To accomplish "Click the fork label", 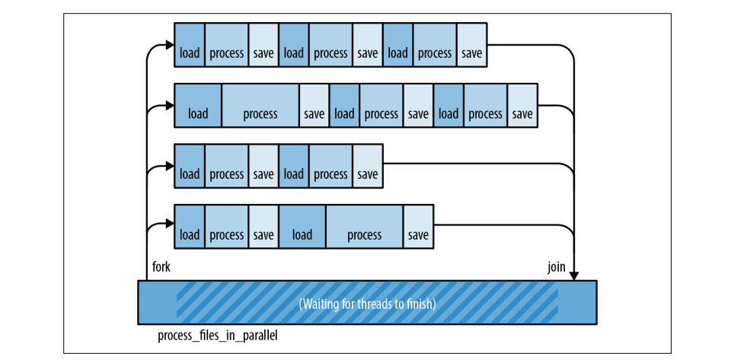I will coord(161,267).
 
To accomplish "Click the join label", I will coord(556,267).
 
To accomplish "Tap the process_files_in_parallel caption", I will coord(217,336).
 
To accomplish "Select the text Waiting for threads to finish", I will coord(367,304).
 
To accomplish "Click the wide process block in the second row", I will coord(260,114).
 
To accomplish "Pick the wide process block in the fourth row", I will coord(364,235).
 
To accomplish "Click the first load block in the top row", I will coord(190,53).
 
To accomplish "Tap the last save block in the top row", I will coord(471,53).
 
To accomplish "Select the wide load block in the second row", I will coord(198,114).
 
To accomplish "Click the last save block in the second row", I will coord(522,114).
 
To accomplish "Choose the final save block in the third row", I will coord(367,174).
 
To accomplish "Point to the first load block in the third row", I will coord(190,174).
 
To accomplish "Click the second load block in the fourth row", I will coord(302,235).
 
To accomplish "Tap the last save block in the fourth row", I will coord(418,235).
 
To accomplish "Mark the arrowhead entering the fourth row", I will coord(170,225).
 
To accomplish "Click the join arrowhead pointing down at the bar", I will coord(573,275).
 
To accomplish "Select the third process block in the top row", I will coord(435,53).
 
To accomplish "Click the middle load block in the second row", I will coord(344,114).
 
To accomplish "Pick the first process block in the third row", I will coord(226,174).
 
